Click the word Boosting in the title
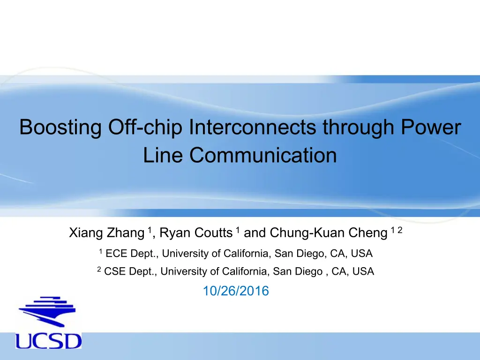click(60, 127)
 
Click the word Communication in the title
click(263, 155)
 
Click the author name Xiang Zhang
click(106, 233)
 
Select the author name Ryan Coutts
click(196, 232)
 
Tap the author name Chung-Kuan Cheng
click(329, 233)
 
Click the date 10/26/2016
click(236, 291)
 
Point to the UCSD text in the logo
click(48, 340)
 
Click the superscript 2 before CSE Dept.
click(99, 269)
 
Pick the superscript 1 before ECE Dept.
click(100, 251)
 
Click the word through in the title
click(358, 127)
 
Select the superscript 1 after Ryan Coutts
click(238, 230)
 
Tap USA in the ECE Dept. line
click(361, 254)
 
